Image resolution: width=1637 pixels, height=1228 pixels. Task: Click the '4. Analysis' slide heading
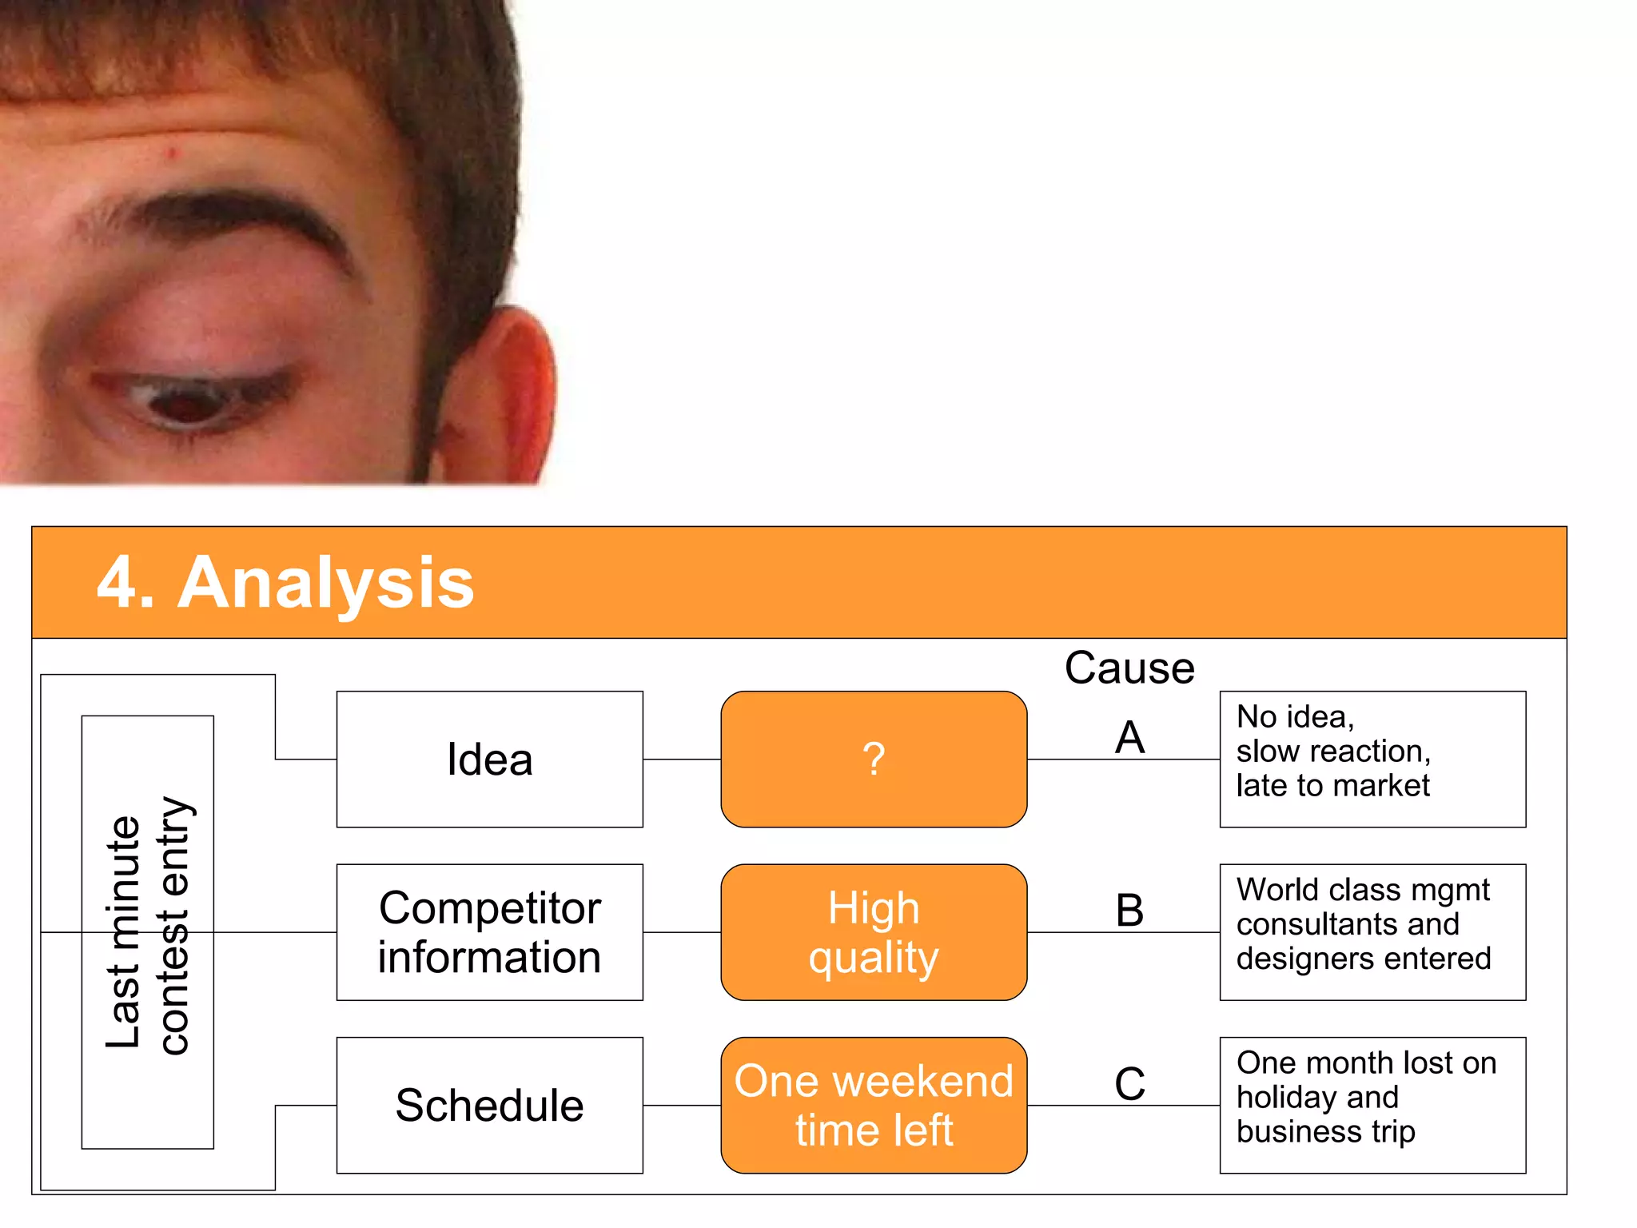click(x=285, y=583)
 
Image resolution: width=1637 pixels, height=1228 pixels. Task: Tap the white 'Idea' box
click(x=489, y=759)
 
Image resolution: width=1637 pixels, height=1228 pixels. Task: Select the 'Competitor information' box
click(x=489, y=932)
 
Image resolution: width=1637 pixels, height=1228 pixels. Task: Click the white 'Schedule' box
click(x=489, y=1105)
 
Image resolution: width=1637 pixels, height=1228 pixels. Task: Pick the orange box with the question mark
click(x=874, y=759)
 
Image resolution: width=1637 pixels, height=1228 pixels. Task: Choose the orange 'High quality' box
click(x=874, y=932)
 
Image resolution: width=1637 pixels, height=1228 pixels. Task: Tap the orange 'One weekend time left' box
click(x=874, y=1105)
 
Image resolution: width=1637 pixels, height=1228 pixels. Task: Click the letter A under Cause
click(x=1129, y=736)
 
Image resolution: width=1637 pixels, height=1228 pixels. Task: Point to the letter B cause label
click(x=1129, y=910)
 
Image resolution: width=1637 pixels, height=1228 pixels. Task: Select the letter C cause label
click(x=1129, y=1083)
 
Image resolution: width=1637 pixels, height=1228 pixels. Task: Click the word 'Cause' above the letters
click(x=1129, y=668)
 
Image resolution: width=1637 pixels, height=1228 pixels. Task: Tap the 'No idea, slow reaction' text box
click(x=1372, y=759)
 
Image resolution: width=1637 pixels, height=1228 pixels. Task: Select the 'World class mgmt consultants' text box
click(x=1372, y=932)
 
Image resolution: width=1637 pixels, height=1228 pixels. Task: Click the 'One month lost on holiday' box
click(x=1372, y=1105)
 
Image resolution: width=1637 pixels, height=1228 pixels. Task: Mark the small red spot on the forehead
click(x=171, y=152)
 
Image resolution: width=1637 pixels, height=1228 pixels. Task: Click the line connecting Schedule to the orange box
click(x=682, y=1106)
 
